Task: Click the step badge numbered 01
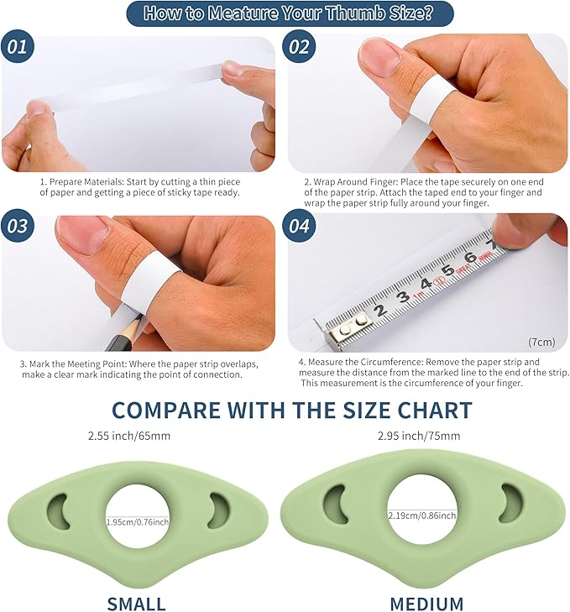18,47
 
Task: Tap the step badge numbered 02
299,47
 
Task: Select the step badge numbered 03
18,226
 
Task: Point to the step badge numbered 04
299,226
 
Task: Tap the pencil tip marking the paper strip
139,317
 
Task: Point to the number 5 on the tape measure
447,270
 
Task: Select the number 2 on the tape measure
380,311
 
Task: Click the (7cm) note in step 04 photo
541,342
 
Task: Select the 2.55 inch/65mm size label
129,436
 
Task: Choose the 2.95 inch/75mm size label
419,436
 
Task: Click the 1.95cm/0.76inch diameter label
138,522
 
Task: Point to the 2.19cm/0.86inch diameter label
422,515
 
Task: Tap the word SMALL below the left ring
137,604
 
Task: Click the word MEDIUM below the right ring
426,604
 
